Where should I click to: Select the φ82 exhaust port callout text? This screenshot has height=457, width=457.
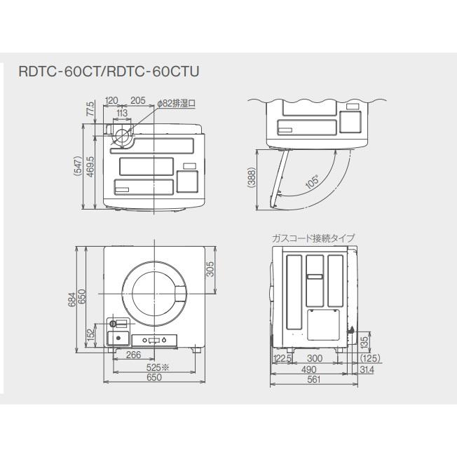[x=176, y=102]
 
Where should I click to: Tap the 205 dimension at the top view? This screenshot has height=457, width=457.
[x=137, y=101]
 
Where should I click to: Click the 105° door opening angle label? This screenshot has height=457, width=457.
[x=312, y=181]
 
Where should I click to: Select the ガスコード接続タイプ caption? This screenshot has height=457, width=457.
[x=313, y=238]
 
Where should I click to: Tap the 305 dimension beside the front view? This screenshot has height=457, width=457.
[x=210, y=269]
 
